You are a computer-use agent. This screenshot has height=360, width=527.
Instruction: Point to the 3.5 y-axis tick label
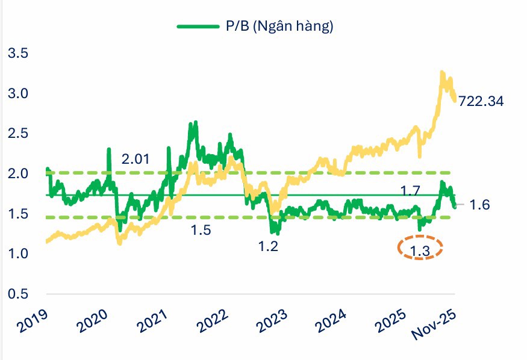17,53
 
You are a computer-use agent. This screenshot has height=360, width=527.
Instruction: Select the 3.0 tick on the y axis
17,93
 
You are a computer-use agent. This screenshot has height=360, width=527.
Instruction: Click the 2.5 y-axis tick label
17,133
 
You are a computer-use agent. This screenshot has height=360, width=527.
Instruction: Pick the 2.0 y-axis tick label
17,173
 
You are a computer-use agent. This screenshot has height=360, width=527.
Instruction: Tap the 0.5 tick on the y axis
17,294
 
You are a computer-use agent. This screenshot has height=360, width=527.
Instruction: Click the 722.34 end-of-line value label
481,101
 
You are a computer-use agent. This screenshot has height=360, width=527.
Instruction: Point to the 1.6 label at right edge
481,205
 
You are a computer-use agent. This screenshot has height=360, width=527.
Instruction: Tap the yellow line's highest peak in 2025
442,72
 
